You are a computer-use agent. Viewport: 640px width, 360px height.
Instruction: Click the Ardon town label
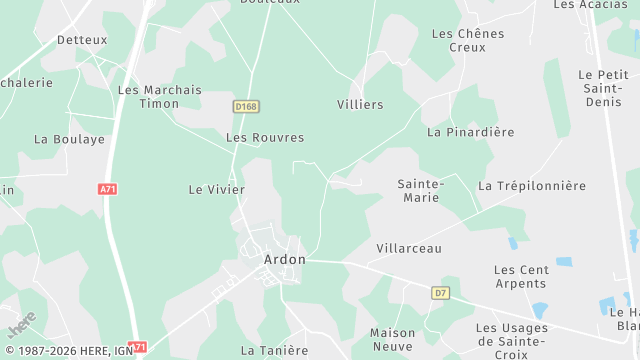tap(284, 258)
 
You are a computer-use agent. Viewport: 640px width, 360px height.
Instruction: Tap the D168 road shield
tap(246, 105)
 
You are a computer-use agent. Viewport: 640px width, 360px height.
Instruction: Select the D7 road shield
tap(440, 293)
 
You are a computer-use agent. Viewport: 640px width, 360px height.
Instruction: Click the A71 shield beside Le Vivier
tap(108, 188)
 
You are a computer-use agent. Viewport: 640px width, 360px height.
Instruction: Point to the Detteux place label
tap(82, 40)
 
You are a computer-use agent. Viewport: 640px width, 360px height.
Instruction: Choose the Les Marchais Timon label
tap(160, 96)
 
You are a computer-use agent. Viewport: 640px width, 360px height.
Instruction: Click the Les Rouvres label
tap(265, 138)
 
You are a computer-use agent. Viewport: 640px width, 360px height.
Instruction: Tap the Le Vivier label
tap(210, 188)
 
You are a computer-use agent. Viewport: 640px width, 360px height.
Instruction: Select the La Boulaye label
tap(69, 140)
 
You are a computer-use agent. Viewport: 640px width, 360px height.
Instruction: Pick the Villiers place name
tap(361, 104)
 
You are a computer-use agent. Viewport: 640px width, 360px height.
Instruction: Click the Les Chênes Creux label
tap(468, 40)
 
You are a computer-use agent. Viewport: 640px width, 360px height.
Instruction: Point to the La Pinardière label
tap(470, 132)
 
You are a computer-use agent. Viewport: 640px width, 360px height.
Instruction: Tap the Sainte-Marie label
tap(421, 191)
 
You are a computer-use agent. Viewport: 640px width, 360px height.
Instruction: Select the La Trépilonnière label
tap(532, 186)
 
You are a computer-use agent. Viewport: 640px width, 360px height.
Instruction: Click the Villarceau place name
tap(409, 248)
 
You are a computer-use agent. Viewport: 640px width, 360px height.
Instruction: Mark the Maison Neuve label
tap(392, 339)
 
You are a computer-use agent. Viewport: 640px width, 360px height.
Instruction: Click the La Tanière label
tap(274, 350)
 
